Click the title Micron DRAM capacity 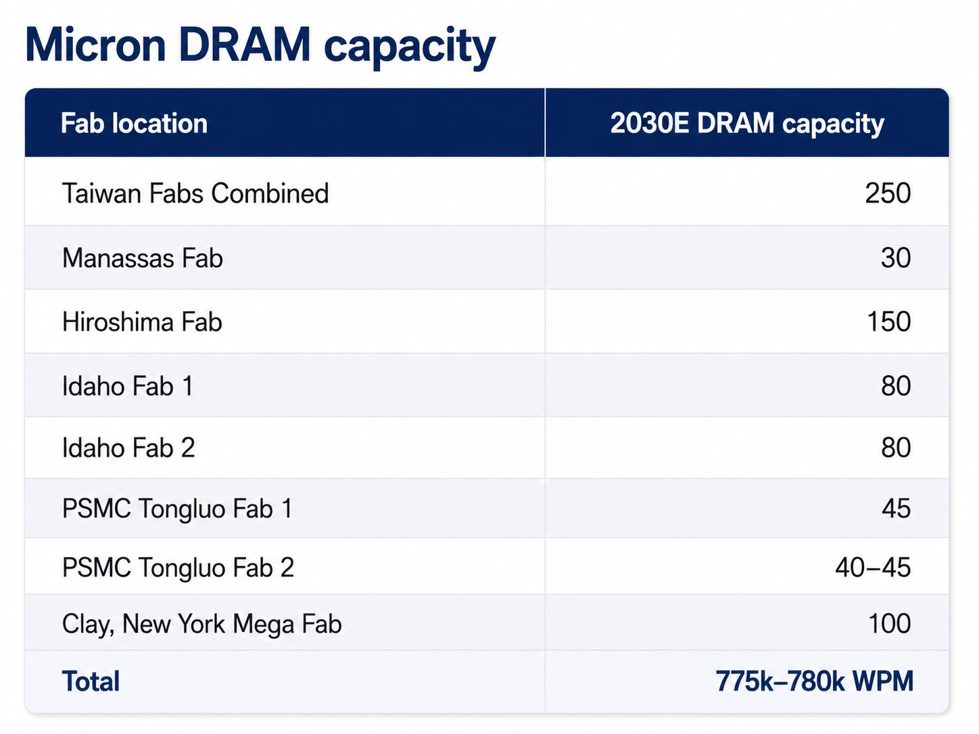pyautogui.click(x=260, y=47)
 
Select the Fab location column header pyautogui.click(x=135, y=123)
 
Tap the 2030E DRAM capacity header pyautogui.click(x=747, y=124)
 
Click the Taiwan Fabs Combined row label pyautogui.click(x=195, y=193)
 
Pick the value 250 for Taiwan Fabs pyautogui.click(x=888, y=193)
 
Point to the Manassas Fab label pyautogui.click(x=142, y=258)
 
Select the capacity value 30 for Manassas pyautogui.click(x=896, y=258)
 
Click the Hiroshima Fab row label pyautogui.click(x=142, y=321)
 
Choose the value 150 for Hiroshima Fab pyautogui.click(x=888, y=321)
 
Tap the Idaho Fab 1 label pyautogui.click(x=128, y=385)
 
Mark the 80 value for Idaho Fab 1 pyautogui.click(x=896, y=385)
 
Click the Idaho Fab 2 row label pyautogui.click(x=128, y=447)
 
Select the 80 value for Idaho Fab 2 pyautogui.click(x=896, y=447)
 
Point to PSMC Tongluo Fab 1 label pyautogui.click(x=177, y=508)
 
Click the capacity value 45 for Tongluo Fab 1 pyautogui.click(x=896, y=508)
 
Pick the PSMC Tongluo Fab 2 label pyautogui.click(x=178, y=567)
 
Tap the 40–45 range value pyautogui.click(x=873, y=568)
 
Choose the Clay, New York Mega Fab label pyautogui.click(x=201, y=623)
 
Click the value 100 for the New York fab pyautogui.click(x=889, y=623)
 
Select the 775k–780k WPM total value pyautogui.click(x=815, y=681)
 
